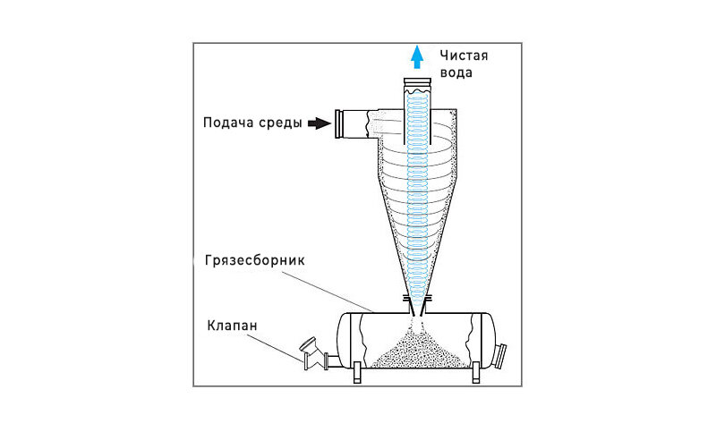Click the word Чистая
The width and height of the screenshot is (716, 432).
click(461, 56)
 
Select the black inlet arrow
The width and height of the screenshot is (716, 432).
click(318, 123)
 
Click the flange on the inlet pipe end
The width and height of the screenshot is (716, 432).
click(341, 124)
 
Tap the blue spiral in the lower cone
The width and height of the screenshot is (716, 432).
click(416, 241)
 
